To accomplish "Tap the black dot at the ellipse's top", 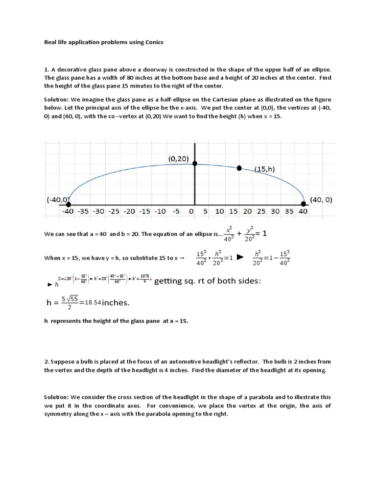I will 195,163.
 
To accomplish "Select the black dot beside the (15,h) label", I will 239,168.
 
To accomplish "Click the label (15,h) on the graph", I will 264,169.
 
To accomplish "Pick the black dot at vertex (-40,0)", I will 69,204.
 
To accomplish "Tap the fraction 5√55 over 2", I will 70,303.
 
